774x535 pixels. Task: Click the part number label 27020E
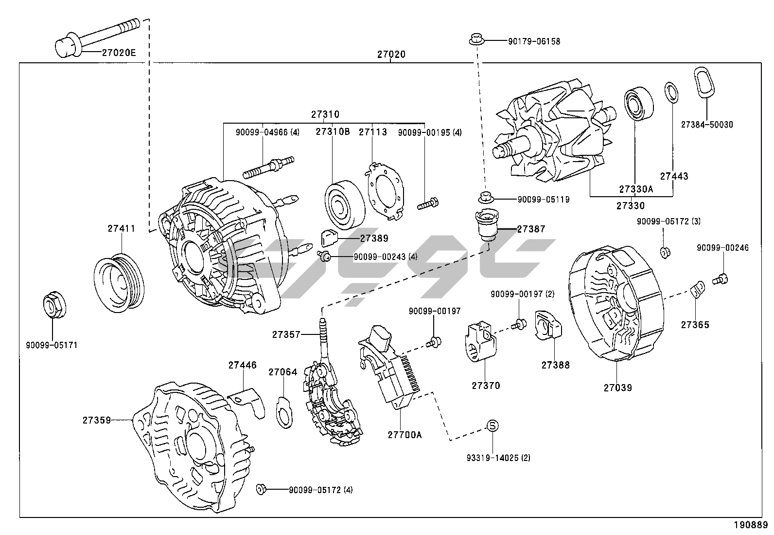pos(119,53)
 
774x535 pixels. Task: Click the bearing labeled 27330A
pos(638,104)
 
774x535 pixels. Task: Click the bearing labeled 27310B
pos(345,205)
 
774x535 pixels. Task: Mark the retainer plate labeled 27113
pos(386,190)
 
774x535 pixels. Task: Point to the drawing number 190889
pos(751,525)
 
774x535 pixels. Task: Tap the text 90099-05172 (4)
pos(321,490)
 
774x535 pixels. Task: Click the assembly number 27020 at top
pos(391,55)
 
